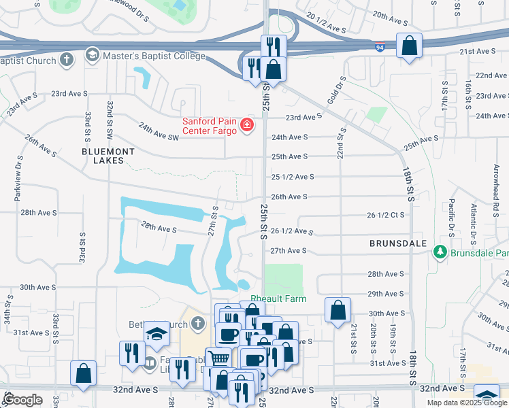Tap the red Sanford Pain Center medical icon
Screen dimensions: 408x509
coord(246,126)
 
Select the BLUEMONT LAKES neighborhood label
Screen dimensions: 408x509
coord(103,156)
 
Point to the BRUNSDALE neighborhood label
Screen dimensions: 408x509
coord(398,243)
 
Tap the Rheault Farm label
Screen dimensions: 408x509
coord(278,299)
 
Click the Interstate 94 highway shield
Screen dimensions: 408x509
coord(379,48)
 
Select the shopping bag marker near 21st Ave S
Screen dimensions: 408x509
coord(409,46)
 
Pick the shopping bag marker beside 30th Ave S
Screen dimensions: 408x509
coord(338,311)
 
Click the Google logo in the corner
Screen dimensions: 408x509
coord(22,400)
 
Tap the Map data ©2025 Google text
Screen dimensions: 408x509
coord(467,403)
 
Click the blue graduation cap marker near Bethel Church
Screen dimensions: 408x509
coord(157,333)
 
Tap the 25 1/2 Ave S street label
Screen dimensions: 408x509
coord(293,177)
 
